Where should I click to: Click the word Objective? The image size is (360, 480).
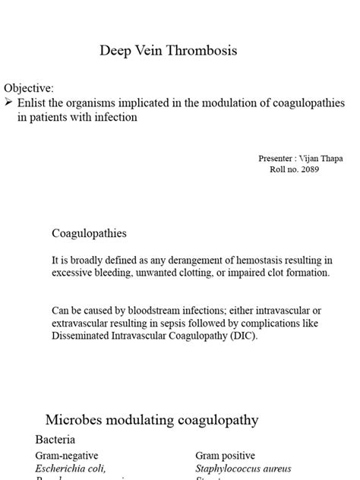click(29, 89)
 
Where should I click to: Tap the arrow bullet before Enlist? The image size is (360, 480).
click(9, 103)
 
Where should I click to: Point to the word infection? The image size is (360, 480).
click(115, 118)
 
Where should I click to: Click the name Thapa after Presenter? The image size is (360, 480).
click(329, 158)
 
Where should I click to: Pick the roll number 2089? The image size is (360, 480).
click(307, 169)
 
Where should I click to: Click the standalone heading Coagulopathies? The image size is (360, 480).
click(89, 233)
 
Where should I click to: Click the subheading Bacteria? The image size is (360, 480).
click(55, 440)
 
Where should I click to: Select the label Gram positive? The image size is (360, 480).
click(225, 455)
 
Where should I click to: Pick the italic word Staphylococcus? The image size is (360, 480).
click(231, 469)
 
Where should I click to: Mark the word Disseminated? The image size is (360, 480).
click(81, 336)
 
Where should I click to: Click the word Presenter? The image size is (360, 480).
click(278, 158)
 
